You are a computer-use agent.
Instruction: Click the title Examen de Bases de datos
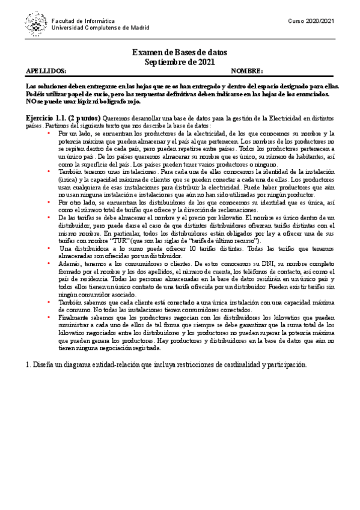pos(180,53)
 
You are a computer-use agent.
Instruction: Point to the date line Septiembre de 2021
pos(180,62)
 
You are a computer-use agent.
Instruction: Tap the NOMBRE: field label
pos(247,71)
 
